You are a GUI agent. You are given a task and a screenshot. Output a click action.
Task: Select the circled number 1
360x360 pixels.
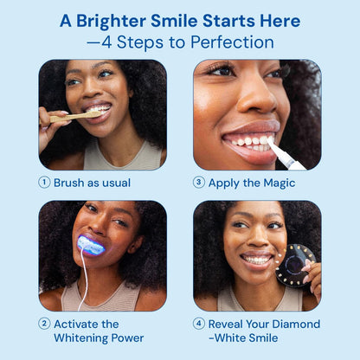click(44, 183)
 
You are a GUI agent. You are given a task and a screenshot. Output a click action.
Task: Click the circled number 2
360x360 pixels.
click(44, 324)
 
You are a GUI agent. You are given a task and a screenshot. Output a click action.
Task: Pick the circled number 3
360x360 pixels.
click(199, 183)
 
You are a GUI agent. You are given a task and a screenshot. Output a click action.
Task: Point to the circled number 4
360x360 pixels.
click(199, 324)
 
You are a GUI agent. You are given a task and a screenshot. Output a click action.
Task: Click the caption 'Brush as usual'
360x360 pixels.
click(92, 183)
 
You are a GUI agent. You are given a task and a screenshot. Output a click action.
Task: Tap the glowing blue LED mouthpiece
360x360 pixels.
click(91, 245)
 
